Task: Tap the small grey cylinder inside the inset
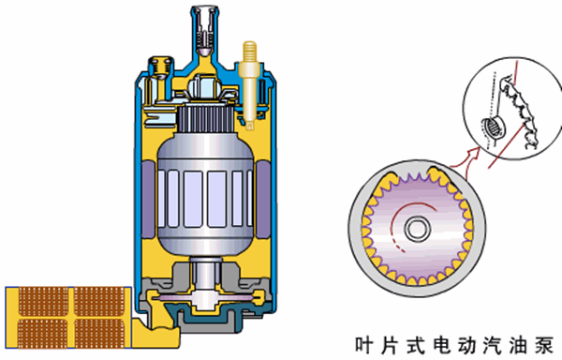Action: pyautogui.click(x=492, y=127)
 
